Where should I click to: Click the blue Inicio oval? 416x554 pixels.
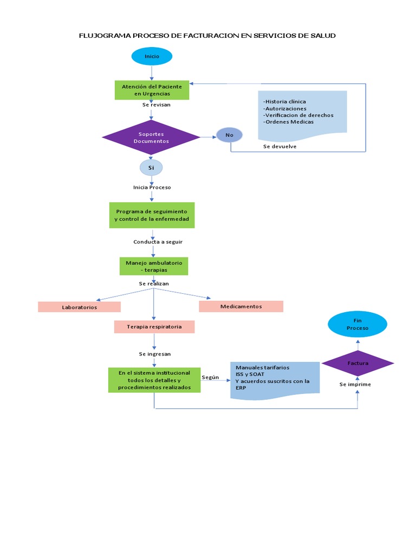click(x=152, y=56)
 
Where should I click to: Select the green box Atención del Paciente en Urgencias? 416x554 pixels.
click(x=152, y=90)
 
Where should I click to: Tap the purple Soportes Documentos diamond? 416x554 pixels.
click(x=151, y=137)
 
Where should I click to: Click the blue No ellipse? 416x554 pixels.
click(x=230, y=135)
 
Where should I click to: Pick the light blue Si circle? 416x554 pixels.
click(x=151, y=168)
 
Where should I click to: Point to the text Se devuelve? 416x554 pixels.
click(x=279, y=146)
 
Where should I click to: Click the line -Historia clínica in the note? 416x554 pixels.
click(x=284, y=102)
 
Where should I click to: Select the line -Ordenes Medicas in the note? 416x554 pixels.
click(x=288, y=122)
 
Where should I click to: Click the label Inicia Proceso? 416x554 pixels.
click(x=152, y=187)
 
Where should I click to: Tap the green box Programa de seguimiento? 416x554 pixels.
click(x=152, y=215)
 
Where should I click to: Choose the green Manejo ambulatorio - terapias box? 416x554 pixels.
click(x=154, y=266)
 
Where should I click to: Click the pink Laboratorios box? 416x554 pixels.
click(x=79, y=307)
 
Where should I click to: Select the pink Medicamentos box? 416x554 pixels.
click(x=241, y=306)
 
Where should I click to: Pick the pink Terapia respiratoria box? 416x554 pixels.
click(x=154, y=327)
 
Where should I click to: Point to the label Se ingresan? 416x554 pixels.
click(x=155, y=354)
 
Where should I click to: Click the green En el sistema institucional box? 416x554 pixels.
click(x=154, y=380)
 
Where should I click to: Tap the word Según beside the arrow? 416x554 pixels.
click(x=210, y=377)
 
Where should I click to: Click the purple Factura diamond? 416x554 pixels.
click(x=357, y=364)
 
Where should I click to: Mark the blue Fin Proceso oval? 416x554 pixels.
click(x=357, y=325)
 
